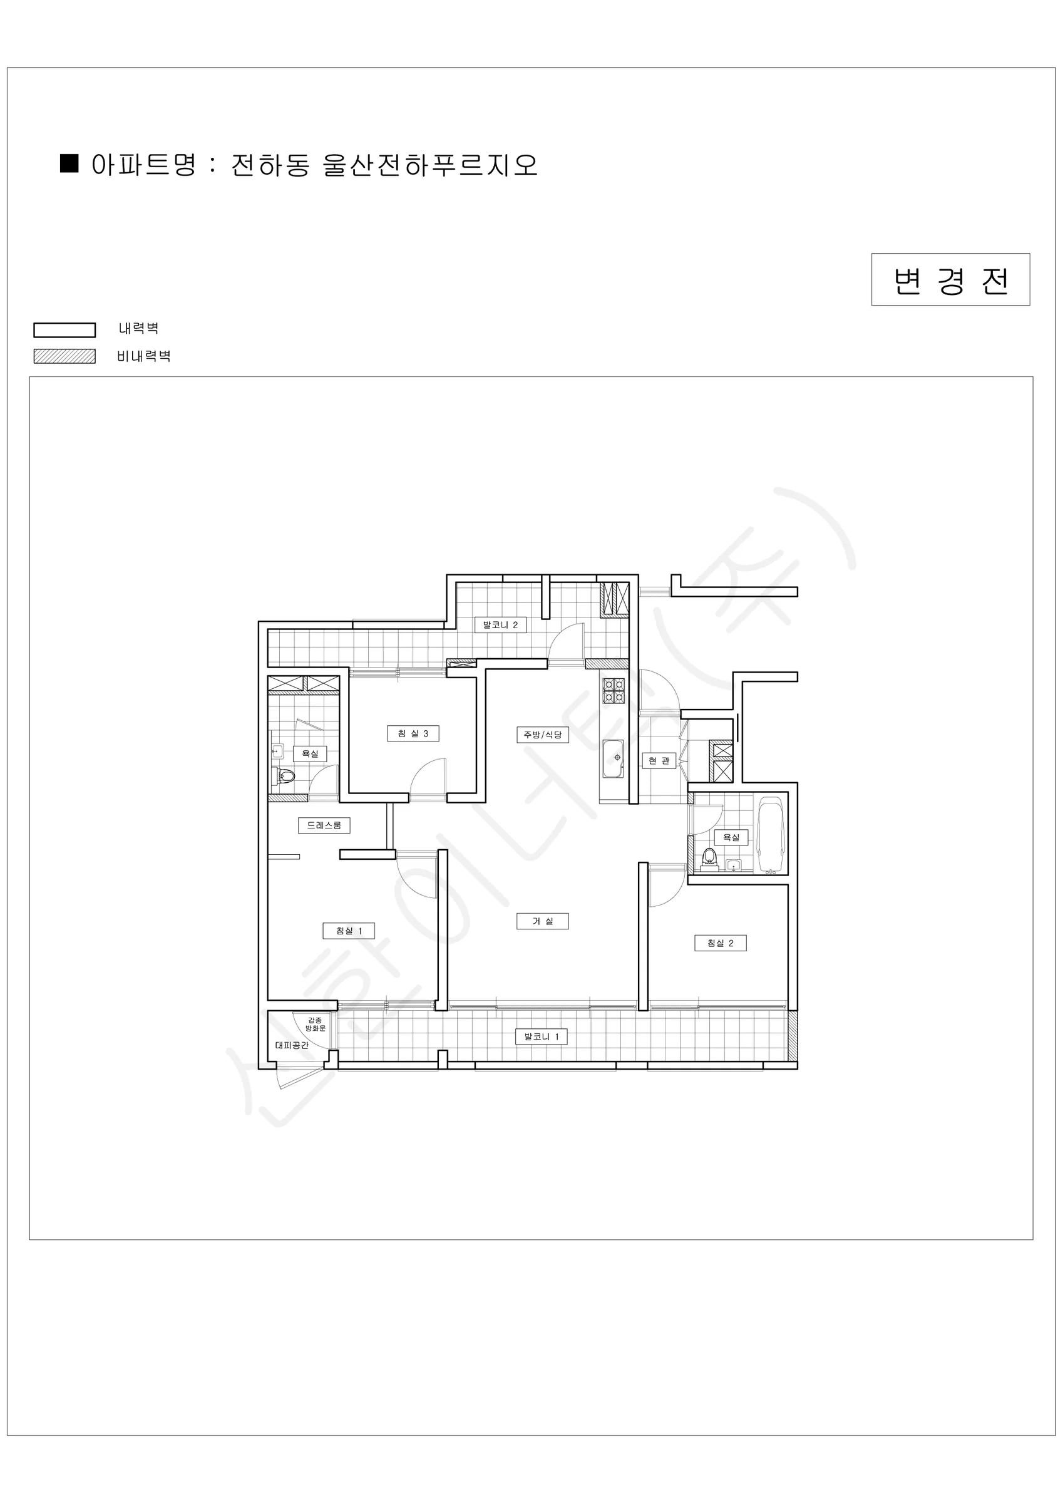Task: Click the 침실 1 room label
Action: [349, 930]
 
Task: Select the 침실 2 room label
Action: [720, 943]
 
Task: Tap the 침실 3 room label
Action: [413, 733]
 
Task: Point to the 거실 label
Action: [543, 921]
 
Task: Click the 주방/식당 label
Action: [543, 735]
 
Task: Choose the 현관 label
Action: [659, 761]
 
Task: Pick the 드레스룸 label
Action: [324, 825]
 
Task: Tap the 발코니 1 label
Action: [542, 1036]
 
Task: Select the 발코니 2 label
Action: [500, 624]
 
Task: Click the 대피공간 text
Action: [292, 1045]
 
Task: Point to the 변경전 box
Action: [950, 279]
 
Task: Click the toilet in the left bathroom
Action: [285, 777]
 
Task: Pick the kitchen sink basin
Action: [614, 758]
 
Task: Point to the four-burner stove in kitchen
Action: [614, 693]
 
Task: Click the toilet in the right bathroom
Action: [708, 858]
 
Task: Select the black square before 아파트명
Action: [69, 163]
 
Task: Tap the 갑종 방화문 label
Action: [315, 1025]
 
